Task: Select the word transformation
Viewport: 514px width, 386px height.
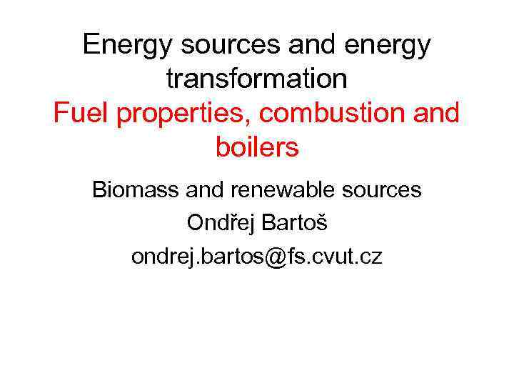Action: coord(257,79)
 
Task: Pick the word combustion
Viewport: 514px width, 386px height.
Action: coord(336,113)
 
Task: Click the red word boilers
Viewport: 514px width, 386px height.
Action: coord(257,147)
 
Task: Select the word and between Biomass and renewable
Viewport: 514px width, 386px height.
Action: coord(203,190)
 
